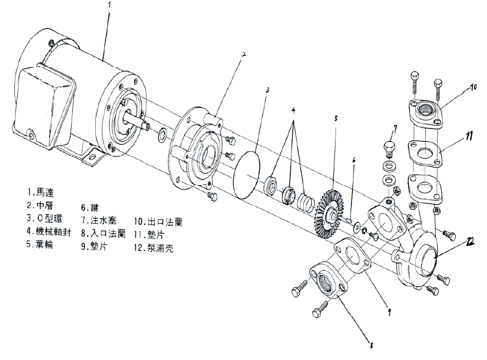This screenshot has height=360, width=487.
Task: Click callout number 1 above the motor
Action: coord(109,5)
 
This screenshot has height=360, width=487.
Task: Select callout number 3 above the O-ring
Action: coord(267,89)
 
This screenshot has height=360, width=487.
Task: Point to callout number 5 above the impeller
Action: coord(335,118)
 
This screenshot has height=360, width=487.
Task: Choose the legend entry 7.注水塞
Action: coord(103,221)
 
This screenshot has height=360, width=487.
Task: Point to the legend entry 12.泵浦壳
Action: coord(153,248)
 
